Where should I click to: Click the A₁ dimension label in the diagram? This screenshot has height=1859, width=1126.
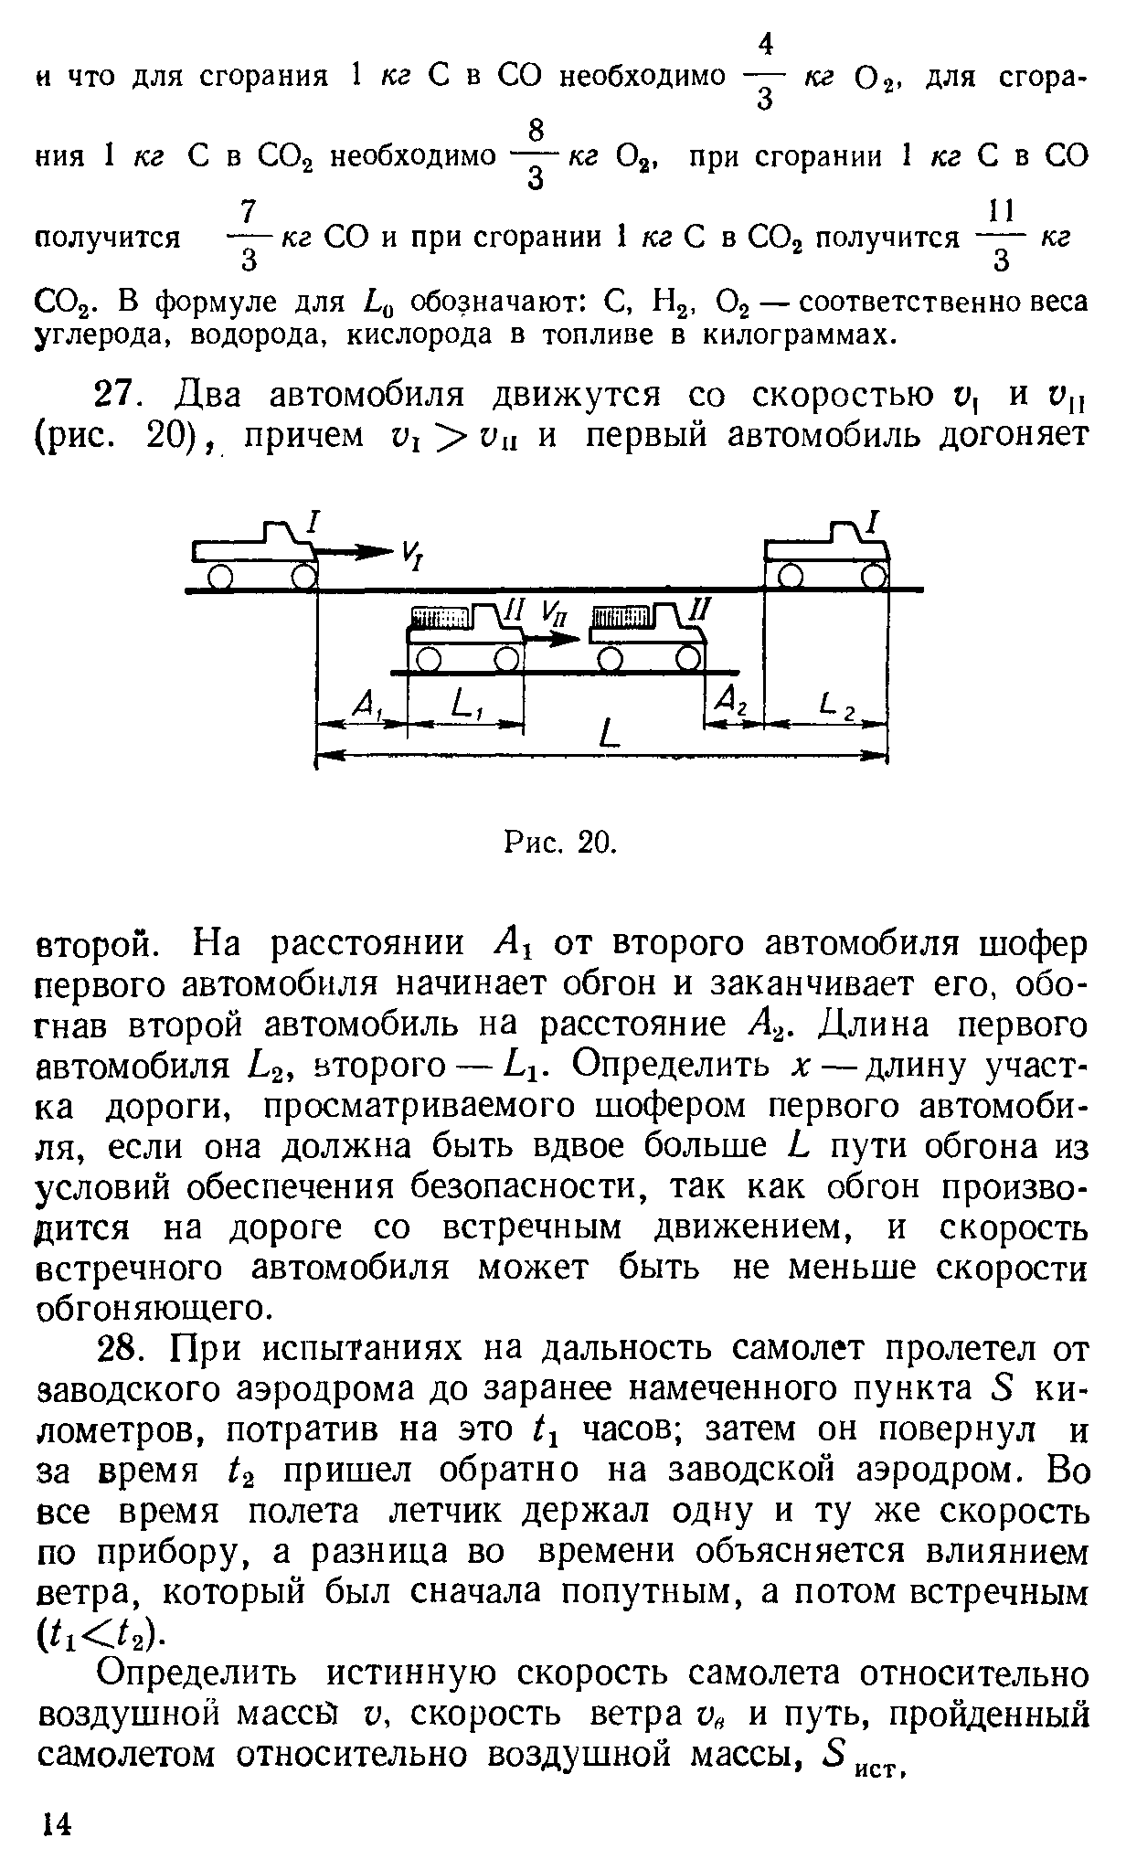(x=367, y=704)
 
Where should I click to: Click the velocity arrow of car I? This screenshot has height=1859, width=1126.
(x=355, y=551)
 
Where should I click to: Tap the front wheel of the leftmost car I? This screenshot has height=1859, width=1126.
(x=303, y=577)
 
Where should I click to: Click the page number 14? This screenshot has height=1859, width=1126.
(x=56, y=1823)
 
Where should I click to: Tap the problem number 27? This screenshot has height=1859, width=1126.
(x=116, y=396)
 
